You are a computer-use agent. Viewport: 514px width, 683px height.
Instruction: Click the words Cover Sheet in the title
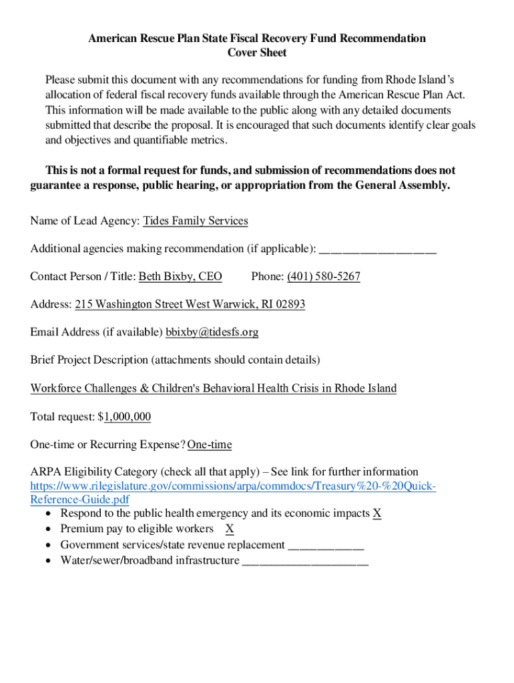(x=257, y=53)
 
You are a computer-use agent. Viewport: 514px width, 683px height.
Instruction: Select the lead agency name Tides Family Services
(x=195, y=221)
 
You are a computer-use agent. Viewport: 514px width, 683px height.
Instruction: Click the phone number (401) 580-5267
(x=324, y=276)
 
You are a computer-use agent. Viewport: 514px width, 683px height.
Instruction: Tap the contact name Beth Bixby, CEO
(x=180, y=276)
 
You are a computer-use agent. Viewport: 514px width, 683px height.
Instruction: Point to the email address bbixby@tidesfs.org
(x=212, y=332)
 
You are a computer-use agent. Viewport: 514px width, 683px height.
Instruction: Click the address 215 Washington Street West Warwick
(x=190, y=304)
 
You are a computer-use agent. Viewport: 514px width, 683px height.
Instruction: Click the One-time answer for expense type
(x=210, y=445)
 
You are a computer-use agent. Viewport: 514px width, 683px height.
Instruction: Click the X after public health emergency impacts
(x=377, y=514)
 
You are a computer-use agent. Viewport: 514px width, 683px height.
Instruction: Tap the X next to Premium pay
(x=230, y=529)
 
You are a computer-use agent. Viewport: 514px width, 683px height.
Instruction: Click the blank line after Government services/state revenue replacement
(x=326, y=546)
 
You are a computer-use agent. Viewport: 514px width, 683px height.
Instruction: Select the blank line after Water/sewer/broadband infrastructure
(x=304, y=561)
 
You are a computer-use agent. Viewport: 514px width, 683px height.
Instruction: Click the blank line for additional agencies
(x=378, y=249)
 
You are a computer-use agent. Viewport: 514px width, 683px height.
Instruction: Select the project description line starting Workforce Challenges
(x=213, y=388)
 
